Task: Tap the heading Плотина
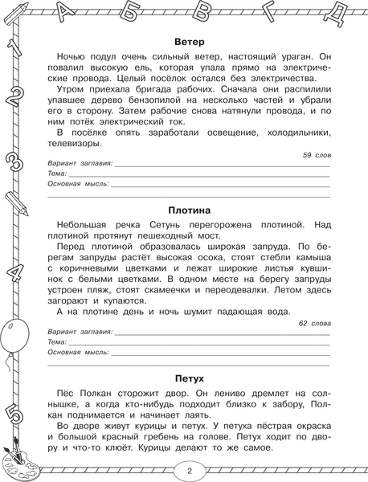[189, 210]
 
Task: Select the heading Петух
[189, 378]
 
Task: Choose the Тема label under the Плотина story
[57, 341]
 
